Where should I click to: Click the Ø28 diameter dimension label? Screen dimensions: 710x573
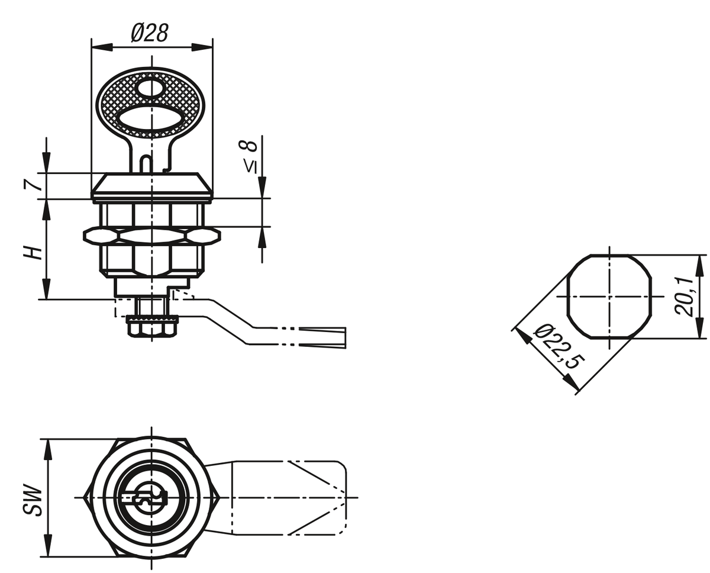150,33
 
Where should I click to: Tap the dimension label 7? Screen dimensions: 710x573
33,185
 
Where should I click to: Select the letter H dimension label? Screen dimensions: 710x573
33,253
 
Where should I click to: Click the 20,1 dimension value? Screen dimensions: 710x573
685,297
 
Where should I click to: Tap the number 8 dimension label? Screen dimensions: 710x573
250,146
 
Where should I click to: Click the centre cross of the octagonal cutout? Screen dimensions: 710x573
609,297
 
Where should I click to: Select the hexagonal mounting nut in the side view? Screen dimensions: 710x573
152,236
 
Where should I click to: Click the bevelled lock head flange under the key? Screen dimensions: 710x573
152,186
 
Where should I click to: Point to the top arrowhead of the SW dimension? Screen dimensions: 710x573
48,449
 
